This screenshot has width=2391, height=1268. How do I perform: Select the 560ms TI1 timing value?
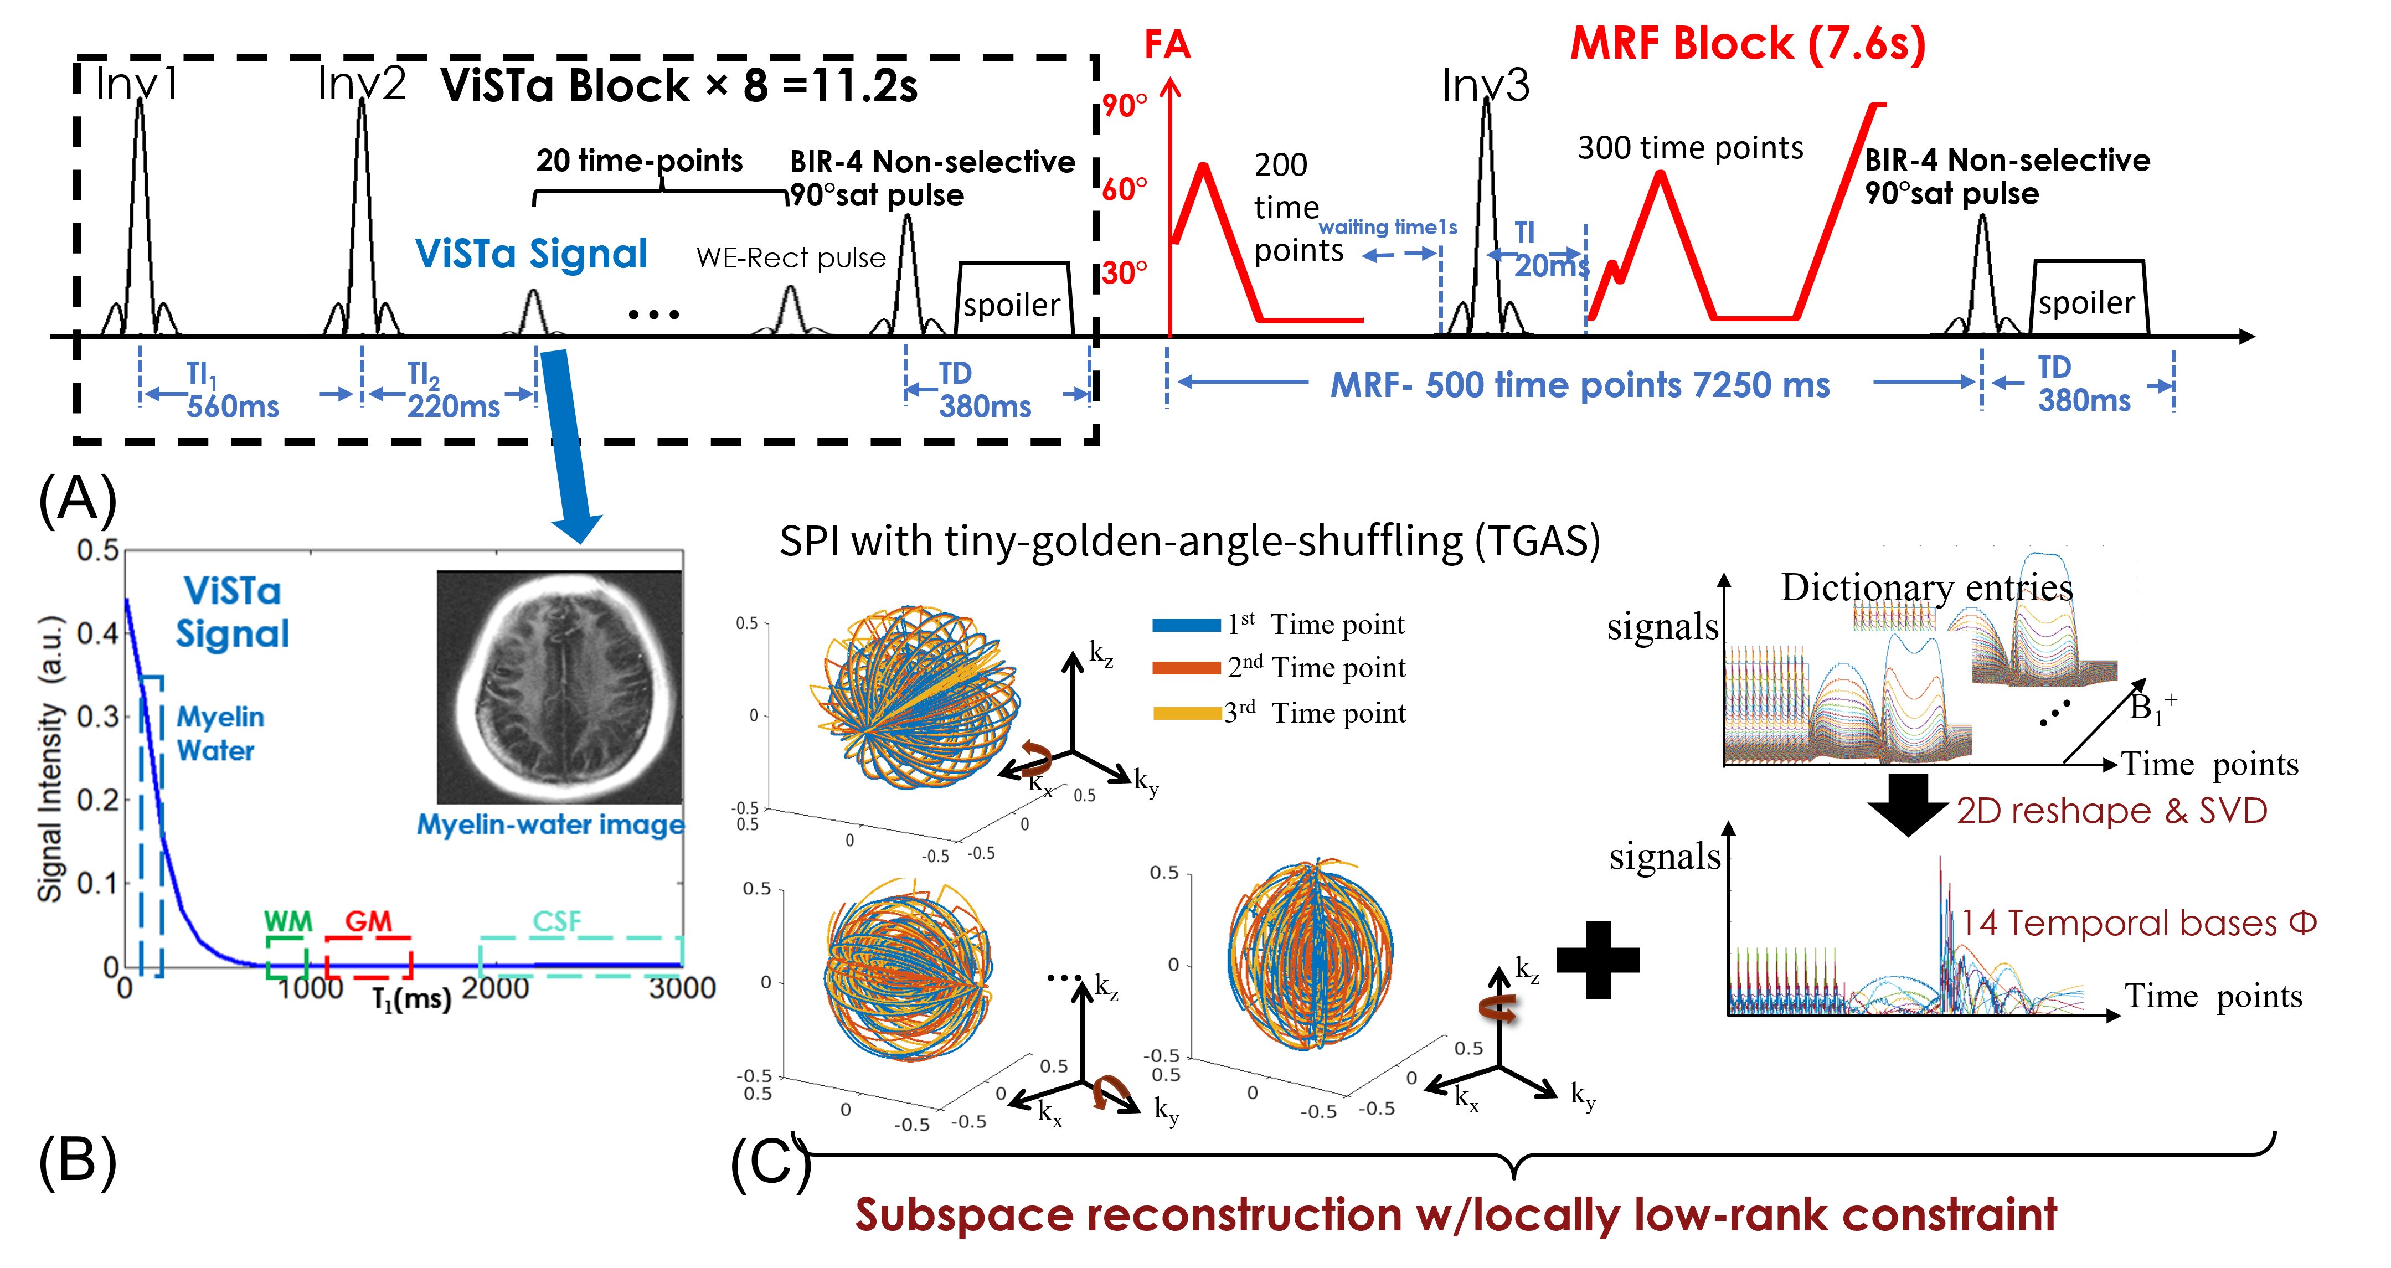pyautogui.click(x=233, y=406)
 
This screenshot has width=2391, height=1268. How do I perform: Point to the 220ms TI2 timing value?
pyautogui.click(x=454, y=406)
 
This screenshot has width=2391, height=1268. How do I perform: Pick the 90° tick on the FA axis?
pyautogui.click(x=1124, y=105)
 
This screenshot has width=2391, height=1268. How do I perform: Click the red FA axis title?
pyautogui.click(x=1167, y=44)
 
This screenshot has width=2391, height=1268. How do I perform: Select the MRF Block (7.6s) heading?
pyautogui.click(x=1748, y=44)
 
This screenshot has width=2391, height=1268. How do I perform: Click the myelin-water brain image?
pyautogui.click(x=559, y=687)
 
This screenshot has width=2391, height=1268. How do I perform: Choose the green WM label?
pyautogui.click(x=288, y=922)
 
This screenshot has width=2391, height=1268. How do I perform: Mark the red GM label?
pyautogui.click(x=368, y=922)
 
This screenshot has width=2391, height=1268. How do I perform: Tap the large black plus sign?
pyautogui.click(x=1598, y=960)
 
